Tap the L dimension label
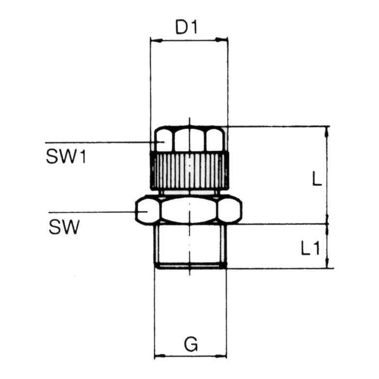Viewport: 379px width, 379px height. pyautogui.click(x=316, y=181)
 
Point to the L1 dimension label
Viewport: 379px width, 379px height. pyautogui.click(x=309, y=250)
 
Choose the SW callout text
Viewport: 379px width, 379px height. pyautogui.click(x=63, y=227)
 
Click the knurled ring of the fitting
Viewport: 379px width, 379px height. pyautogui.click(x=189, y=171)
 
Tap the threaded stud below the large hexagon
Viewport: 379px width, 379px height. pyautogui.click(x=190, y=245)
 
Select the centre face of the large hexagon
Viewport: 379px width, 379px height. pyautogui.click(x=189, y=211)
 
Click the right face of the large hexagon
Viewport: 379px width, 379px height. pyautogui.click(x=229, y=211)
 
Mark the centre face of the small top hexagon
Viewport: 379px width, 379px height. pyautogui.click(x=189, y=140)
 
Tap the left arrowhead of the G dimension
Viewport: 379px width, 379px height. pyautogui.click(x=158, y=357)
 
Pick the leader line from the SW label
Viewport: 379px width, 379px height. pyautogui.click(x=92, y=212)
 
